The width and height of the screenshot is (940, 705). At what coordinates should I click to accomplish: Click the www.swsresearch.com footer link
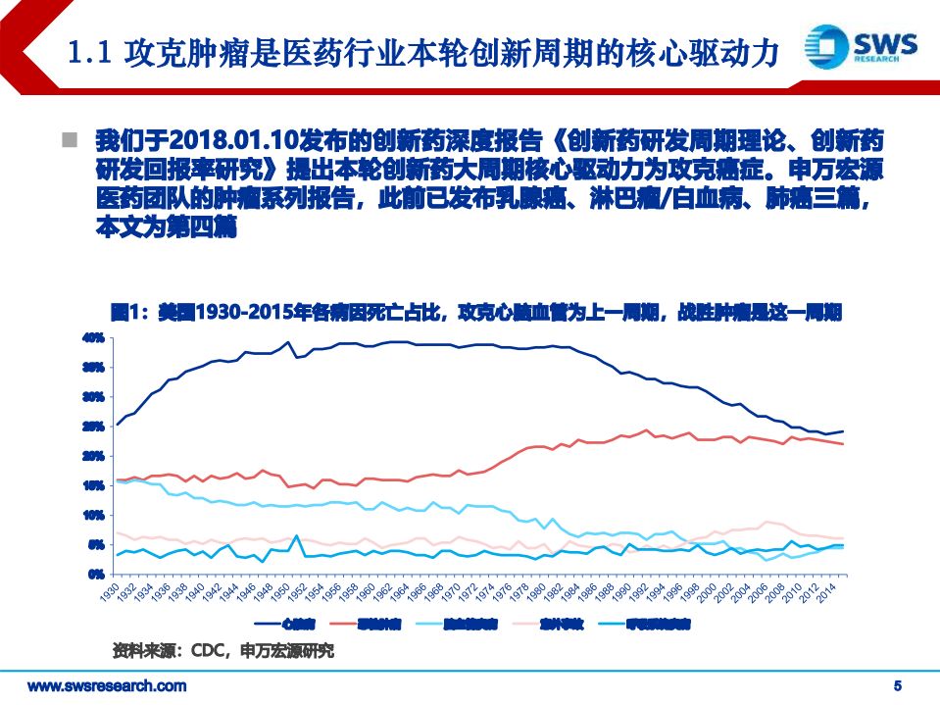tap(106, 685)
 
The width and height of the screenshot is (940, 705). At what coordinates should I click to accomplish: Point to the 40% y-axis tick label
tap(94, 338)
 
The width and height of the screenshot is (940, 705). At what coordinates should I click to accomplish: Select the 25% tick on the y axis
tap(94, 427)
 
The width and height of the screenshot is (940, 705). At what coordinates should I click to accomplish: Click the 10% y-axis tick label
tap(94, 515)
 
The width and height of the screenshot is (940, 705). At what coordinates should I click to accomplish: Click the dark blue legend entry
tap(285, 624)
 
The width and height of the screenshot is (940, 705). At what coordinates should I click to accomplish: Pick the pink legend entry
tap(560, 624)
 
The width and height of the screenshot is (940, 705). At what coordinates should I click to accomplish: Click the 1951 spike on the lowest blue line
tap(296, 535)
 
